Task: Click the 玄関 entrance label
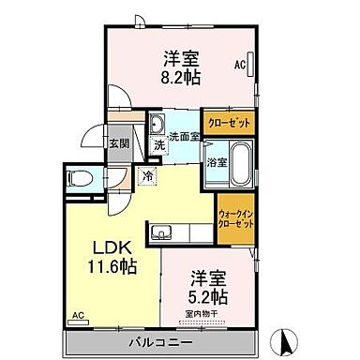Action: (117, 143)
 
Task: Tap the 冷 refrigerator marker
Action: (148, 174)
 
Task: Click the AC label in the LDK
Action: (78, 318)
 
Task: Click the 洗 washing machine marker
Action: (160, 145)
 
